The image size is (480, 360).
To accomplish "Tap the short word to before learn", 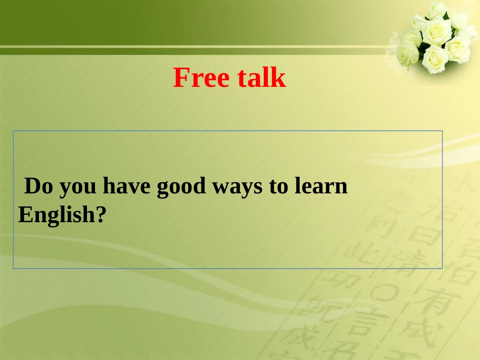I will pyautogui.click(x=278, y=187).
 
